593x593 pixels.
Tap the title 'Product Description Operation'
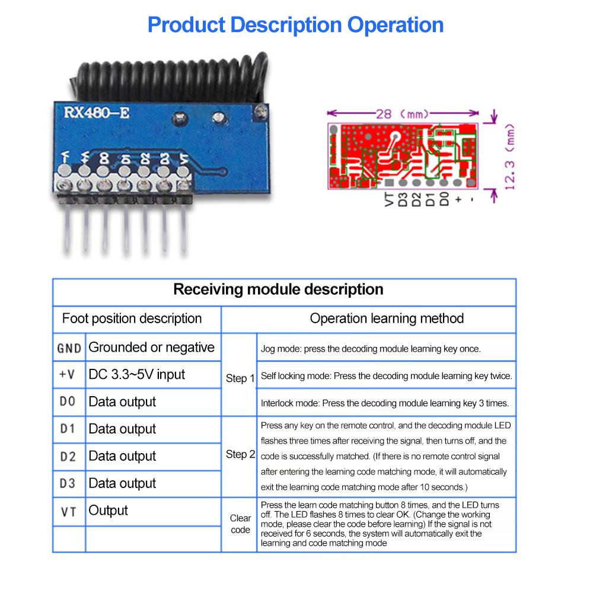[x=295, y=25]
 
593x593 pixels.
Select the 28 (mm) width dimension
[x=403, y=113]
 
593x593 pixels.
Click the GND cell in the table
[x=69, y=348]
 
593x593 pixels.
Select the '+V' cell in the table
[x=69, y=375]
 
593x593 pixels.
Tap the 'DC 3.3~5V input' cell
[x=136, y=375]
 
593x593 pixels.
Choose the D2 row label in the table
[x=69, y=457]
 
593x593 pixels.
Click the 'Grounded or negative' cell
[x=151, y=347]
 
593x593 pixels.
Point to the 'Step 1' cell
[x=240, y=378]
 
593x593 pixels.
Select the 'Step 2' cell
[x=240, y=455]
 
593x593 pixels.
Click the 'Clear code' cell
[x=240, y=524]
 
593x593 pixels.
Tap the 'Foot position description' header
[x=132, y=318]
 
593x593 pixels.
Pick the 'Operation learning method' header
[x=387, y=318]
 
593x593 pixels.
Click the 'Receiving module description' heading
[x=278, y=290]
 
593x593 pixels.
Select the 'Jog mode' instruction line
[x=371, y=349]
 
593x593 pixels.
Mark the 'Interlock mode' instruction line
[x=384, y=403]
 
